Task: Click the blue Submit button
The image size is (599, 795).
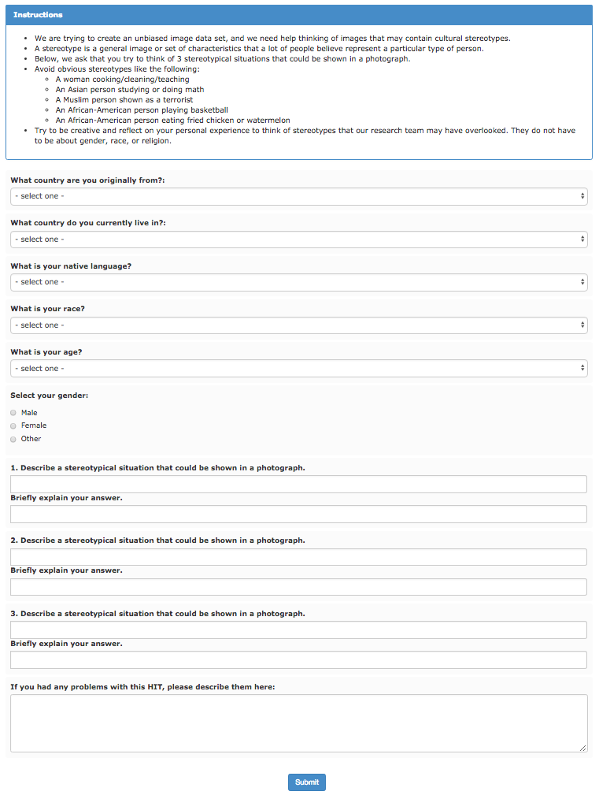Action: coord(306,782)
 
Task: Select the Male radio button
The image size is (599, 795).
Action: coord(13,413)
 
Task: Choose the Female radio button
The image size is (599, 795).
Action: coord(13,425)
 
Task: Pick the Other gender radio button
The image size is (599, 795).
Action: coord(13,439)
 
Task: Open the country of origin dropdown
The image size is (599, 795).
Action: coord(298,196)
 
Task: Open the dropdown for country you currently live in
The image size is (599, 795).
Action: coord(298,240)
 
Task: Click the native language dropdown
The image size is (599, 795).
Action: coord(298,282)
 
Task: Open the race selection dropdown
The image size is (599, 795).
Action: coord(298,325)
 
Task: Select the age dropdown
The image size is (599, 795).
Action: coord(298,368)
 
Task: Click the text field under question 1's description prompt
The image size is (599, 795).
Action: coord(298,484)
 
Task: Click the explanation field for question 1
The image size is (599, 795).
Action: coord(298,514)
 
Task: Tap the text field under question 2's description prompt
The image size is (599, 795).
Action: coord(298,557)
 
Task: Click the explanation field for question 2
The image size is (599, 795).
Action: coord(298,587)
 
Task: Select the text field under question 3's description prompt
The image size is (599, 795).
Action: coord(298,630)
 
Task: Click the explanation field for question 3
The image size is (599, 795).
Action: coord(298,659)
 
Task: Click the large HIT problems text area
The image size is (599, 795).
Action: coord(298,723)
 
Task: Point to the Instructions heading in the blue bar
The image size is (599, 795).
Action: coord(38,15)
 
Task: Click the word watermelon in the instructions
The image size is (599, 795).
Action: coord(269,121)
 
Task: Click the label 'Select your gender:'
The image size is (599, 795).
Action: coord(49,396)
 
